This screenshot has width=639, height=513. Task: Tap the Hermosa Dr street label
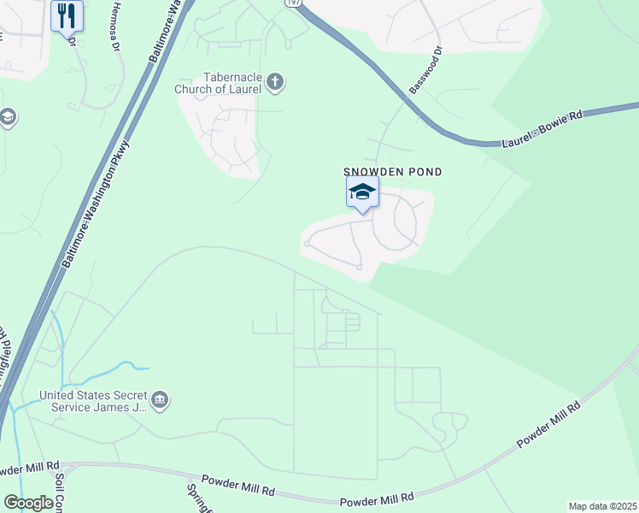tap(117, 26)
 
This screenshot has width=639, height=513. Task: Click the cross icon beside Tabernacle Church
tap(274, 82)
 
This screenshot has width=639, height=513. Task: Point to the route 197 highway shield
tap(292, 3)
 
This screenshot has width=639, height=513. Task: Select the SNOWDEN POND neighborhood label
tap(393, 172)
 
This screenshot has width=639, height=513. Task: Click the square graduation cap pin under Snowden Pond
tap(362, 192)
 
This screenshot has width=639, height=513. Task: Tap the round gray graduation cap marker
tap(7, 117)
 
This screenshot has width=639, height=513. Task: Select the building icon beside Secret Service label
tap(160, 400)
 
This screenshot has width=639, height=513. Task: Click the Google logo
tap(29, 503)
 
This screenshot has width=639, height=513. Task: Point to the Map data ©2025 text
tap(601, 506)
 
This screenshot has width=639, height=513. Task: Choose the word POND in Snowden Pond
tap(424, 172)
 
